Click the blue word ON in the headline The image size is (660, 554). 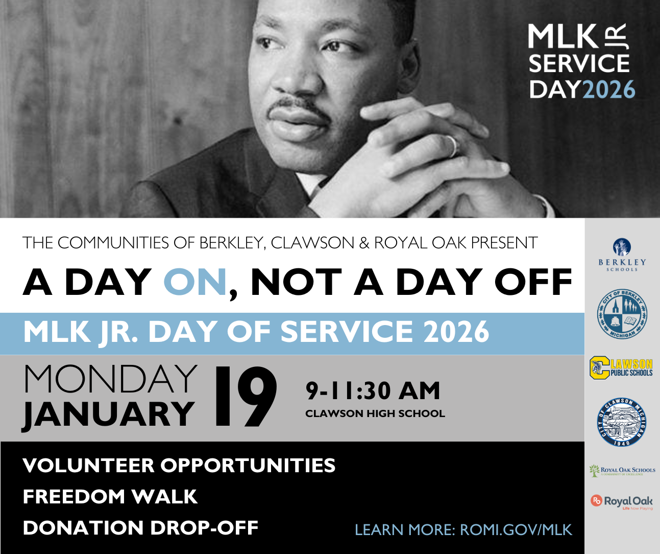tap(194, 283)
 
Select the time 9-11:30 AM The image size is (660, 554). tap(373, 391)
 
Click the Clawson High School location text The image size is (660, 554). tap(375, 413)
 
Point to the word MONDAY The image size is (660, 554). tap(110, 379)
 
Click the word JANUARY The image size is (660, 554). tap(108, 413)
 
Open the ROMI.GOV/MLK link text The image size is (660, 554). tap(516, 529)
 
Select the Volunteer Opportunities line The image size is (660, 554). tap(179, 466)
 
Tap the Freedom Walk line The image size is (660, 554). tap(110, 497)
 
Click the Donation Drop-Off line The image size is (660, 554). tap(140, 528)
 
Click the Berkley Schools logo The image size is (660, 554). tap(622, 255)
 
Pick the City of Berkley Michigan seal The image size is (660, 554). tap(622, 315)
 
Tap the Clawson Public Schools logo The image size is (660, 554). tap(621, 368)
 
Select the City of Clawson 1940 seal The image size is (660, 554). tap(622, 422)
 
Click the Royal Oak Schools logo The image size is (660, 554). tap(622, 470)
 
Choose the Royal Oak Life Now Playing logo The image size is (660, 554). tap(622, 502)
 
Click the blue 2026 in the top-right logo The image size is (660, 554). tap(608, 89)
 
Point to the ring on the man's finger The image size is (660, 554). tap(452, 146)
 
